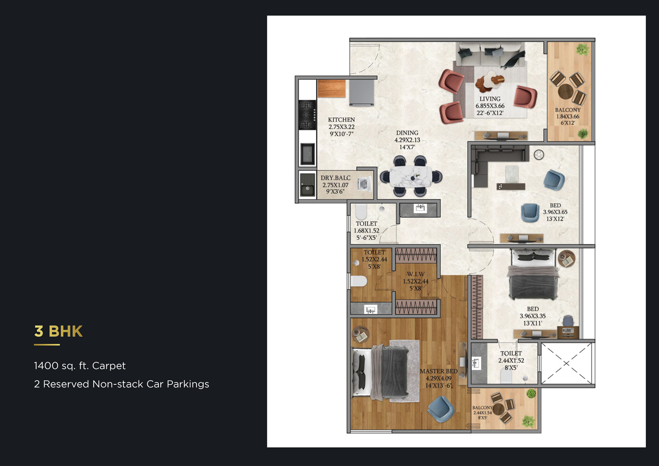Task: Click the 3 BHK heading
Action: [x=58, y=331]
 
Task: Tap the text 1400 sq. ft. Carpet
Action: [x=80, y=366]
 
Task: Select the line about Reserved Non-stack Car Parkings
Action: [x=122, y=384]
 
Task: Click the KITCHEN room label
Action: [x=341, y=120]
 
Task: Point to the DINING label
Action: [x=407, y=133]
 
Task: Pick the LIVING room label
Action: [x=490, y=99]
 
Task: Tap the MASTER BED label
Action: [x=438, y=371]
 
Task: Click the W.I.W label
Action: [x=416, y=274]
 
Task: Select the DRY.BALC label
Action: [x=336, y=178]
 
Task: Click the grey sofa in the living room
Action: [x=491, y=56]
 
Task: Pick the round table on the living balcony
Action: [x=565, y=92]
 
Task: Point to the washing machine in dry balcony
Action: [x=364, y=184]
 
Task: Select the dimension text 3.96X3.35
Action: [x=532, y=316]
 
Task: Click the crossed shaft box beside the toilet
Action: [x=566, y=363]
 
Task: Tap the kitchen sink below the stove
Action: [x=308, y=154]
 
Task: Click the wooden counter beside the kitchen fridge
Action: [x=332, y=89]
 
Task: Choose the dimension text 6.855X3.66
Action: [x=490, y=106]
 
